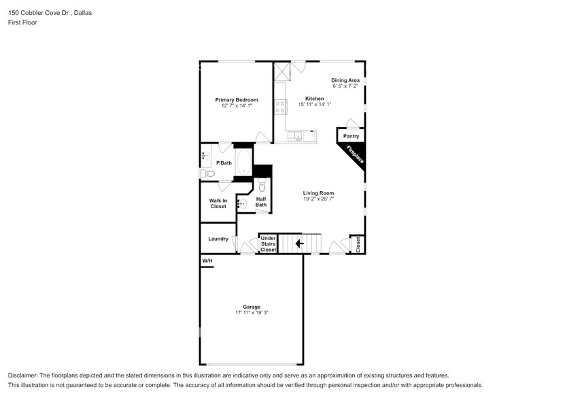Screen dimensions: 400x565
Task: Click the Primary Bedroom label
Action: [236, 100]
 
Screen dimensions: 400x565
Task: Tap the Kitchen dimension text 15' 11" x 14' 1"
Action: [314, 105]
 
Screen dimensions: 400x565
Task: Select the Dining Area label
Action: [345, 80]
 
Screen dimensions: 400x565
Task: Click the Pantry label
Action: [351, 136]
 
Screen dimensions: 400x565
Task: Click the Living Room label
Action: [318, 193]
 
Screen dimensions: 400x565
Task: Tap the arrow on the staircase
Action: [299, 243]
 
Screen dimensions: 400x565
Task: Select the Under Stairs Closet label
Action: [268, 244]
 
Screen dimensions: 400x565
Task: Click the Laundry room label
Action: [218, 239]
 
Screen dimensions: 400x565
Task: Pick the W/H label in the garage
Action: [207, 261]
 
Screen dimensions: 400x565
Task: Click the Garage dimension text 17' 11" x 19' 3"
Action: [252, 313]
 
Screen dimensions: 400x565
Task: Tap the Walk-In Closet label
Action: [218, 203]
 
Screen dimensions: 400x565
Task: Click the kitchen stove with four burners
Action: [279, 107]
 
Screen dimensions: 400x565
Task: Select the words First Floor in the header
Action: [24, 22]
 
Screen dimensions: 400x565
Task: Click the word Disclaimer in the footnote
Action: [24, 376]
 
